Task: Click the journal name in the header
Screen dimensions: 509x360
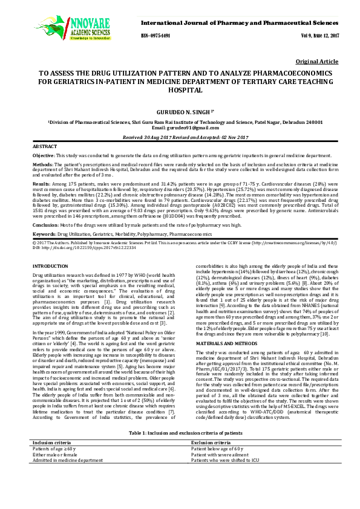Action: tap(240, 22)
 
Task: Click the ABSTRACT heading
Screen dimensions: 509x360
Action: tap(45, 147)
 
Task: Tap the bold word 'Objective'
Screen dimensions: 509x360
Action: tap(44, 156)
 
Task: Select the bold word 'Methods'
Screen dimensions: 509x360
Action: tap(43, 164)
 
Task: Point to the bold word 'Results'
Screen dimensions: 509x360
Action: tap(42, 182)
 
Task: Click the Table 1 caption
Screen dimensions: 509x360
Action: tap(180, 450)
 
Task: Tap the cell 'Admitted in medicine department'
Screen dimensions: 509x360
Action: tap(68, 477)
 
